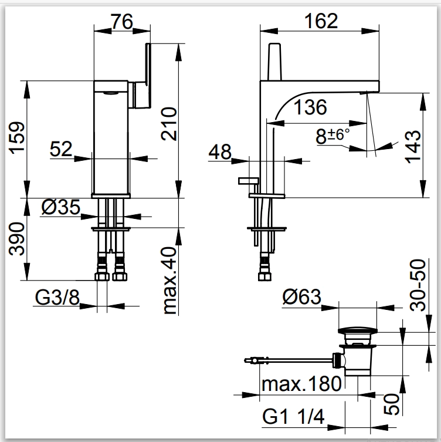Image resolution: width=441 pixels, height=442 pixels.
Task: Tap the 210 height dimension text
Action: [169, 123]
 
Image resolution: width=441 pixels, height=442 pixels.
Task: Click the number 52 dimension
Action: [62, 150]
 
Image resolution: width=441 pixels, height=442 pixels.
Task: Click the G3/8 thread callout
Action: [57, 298]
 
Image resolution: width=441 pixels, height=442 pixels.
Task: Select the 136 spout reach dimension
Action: [310, 107]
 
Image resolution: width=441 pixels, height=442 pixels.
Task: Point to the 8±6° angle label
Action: [333, 136]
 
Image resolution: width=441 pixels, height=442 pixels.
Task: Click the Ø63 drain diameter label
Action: [301, 297]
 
